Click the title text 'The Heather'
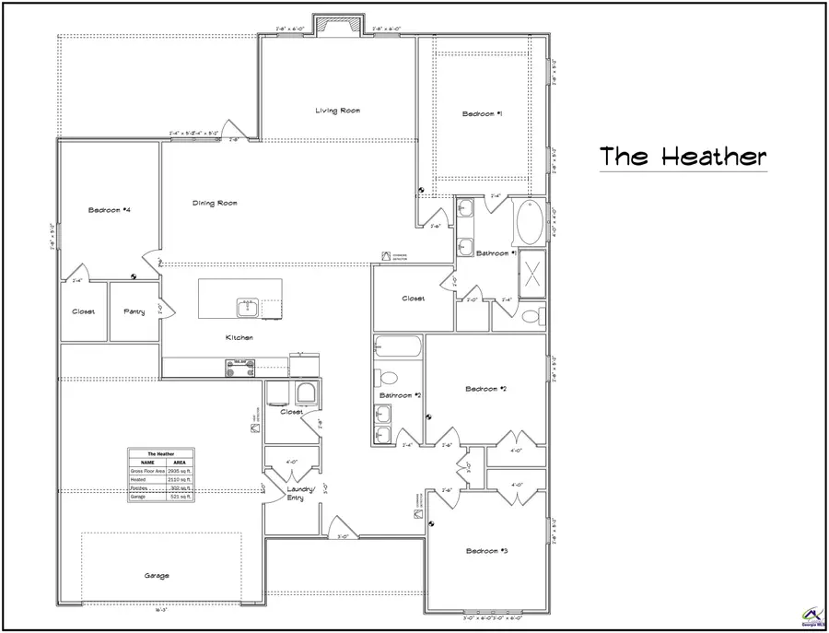(683, 157)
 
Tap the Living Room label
(337, 111)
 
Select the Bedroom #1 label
(483, 113)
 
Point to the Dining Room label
(215, 203)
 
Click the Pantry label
(134, 311)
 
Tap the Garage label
(156, 576)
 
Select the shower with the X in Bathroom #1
(533, 274)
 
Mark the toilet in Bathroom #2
(387, 378)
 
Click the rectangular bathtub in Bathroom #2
(398, 349)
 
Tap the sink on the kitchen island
(247, 305)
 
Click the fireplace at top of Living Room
(328, 26)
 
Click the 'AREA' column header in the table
(180, 463)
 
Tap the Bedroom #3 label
(486, 551)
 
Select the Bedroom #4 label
(109, 210)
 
